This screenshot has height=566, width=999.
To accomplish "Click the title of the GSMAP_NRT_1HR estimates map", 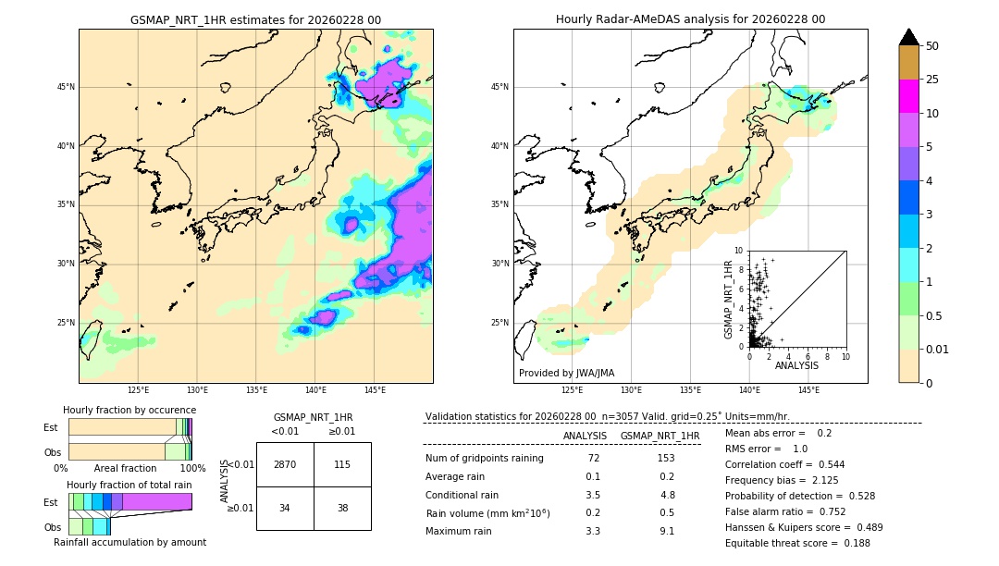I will pos(255,19).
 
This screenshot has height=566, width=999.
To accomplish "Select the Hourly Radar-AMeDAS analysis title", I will pos(690,19).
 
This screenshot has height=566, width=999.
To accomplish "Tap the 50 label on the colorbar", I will pos(932,46).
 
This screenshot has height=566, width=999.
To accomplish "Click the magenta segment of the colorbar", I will pos(908,96).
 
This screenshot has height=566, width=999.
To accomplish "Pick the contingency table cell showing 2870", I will pos(285,464).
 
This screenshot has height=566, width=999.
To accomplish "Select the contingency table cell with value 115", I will pos(342,464).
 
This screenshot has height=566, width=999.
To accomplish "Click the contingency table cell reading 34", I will pos(285,508).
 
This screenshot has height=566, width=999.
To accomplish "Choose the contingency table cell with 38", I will pos(342,508).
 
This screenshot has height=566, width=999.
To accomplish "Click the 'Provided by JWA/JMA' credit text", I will pos(566,374).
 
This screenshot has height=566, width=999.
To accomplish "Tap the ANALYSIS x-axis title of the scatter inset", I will pos(796,366).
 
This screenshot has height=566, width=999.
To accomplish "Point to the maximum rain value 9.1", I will pos(666,531).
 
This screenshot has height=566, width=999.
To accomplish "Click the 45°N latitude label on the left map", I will pos(66,87).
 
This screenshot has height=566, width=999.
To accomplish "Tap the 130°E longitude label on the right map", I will pos(631,390).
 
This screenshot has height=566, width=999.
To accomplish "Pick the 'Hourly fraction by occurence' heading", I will pos(129,410).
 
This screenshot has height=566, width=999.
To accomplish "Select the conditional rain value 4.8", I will pos(666,495).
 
